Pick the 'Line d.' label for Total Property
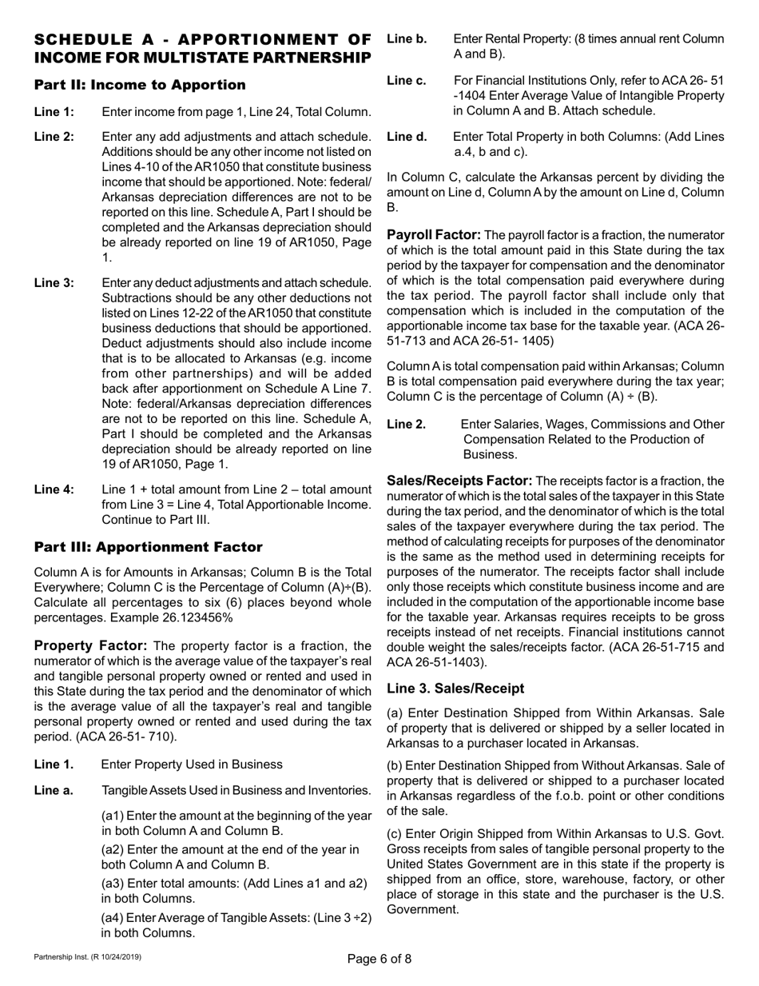coord(407,137)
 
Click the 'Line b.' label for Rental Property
coord(407,38)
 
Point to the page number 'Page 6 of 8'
coord(379,960)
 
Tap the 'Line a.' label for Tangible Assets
coord(54,791)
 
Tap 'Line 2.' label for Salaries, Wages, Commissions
coord(406,425)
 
